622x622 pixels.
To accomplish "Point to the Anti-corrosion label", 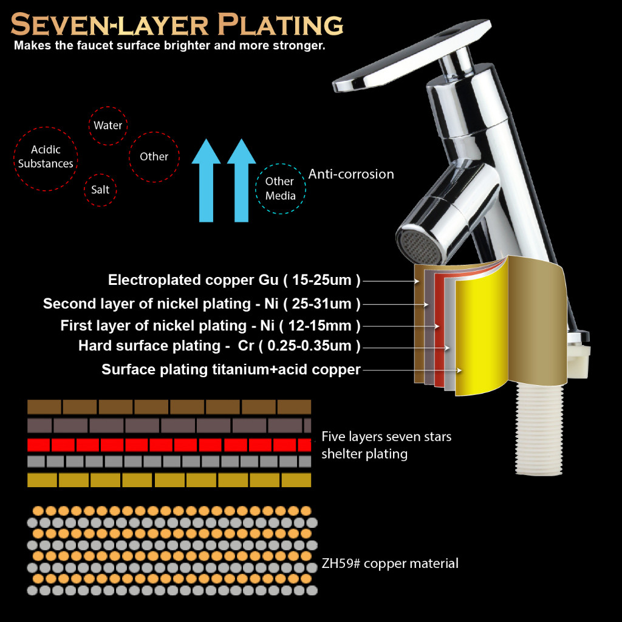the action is pyautogui.click(x=351, y=174).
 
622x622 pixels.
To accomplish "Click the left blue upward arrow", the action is pyautogui.click(x=206, y=180).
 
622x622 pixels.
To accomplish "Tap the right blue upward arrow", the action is pyautogui.click(x=241, y=180).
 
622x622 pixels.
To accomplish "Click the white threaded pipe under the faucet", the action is pyautogui.click(x=539, y=429).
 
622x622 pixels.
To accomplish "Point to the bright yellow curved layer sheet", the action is pyautogui.click(x=481, y=333).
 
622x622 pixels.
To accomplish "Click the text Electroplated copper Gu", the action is pyautogui.click(x=193, y=280).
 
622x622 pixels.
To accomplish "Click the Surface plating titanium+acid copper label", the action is pyautogui.click(x=231, y=369).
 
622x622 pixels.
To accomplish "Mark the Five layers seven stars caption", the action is pyautogui.click(x=386, y=437).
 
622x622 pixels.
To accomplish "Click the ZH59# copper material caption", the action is pyautogui.click(x=390, y=563).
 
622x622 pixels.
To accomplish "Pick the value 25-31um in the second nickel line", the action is pyautogui.click(x=322, y=304).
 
